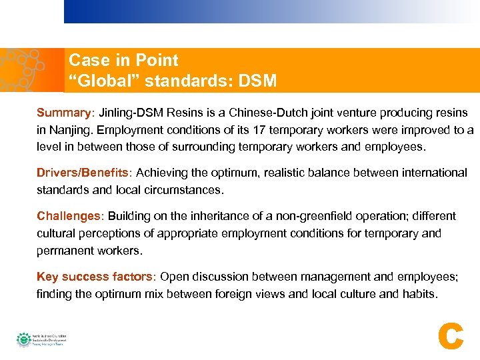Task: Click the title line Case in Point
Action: click(x=123, y=61)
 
